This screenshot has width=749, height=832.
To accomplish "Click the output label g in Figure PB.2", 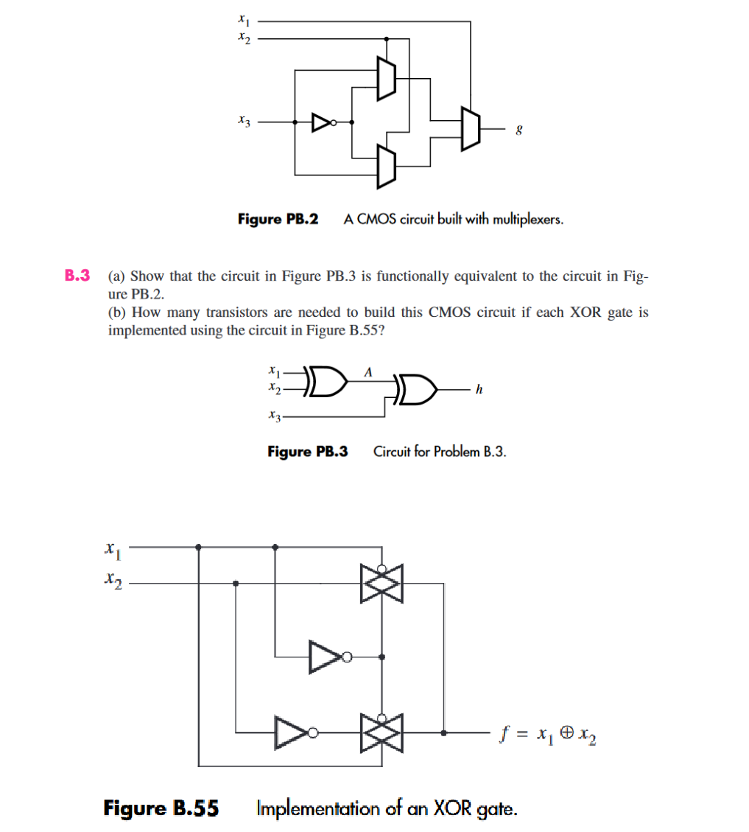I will pyautogui.click(x=520, y=129).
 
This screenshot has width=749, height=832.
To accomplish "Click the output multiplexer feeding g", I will pyautogui.click(x=470, y=128).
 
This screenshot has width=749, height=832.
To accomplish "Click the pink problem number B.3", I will pyautogui.click(x=77, y=276).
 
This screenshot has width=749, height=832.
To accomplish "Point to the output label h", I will pyautogui.click(x=479, y=390).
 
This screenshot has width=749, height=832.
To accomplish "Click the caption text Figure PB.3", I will pyautogui.click(x=307, y=451).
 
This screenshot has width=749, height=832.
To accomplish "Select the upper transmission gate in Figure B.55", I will pyautogui.click(x=381, y=584).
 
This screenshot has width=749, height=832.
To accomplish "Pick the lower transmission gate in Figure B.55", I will pyautogui.click(x=381, y=733).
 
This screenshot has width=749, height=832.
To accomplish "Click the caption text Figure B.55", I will pyautogui.click(x=161, y=808).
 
